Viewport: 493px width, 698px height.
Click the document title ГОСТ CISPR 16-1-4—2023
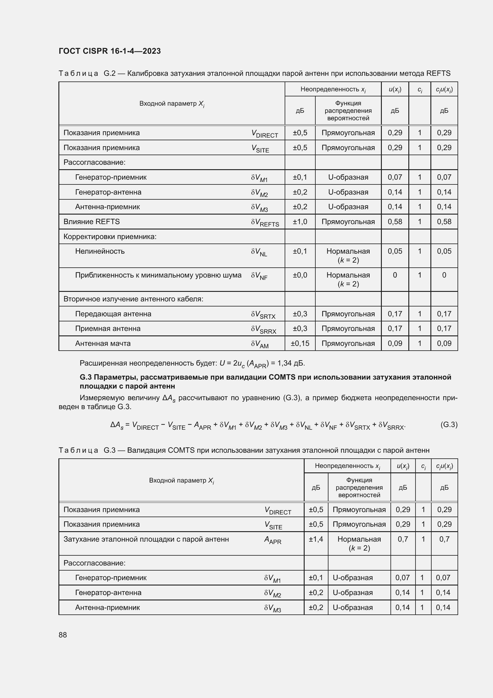(110, 51)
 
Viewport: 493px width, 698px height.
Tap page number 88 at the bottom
(63, 635)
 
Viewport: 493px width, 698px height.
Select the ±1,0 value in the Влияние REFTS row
(300, 222)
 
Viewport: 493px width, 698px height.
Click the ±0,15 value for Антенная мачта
(300, 343)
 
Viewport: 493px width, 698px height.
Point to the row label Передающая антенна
(113, 314)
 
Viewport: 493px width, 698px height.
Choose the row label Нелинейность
(100, 251)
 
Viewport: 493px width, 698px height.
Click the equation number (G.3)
(449, 424)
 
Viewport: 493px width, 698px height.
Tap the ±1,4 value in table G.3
(316, 539)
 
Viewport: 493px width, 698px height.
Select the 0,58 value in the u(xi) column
(395, 222)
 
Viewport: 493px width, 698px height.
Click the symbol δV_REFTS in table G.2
(265, 223)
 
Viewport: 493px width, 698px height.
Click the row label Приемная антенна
(108, 328)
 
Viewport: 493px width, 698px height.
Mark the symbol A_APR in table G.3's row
(273, 540)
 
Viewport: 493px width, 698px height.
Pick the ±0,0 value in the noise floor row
(300, 275)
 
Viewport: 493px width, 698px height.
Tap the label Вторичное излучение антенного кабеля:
(133, 299)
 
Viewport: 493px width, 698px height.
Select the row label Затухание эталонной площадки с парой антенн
(146, 539)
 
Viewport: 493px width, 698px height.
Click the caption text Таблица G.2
(87, 74)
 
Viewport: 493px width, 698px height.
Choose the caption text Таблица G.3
(87, 450)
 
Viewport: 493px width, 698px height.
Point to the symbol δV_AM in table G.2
(260, 344)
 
